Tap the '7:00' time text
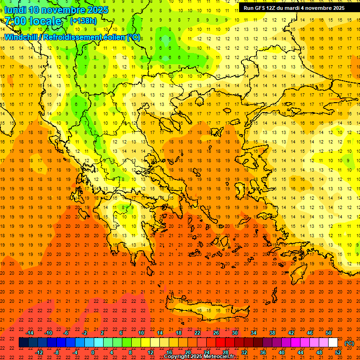point(16,21)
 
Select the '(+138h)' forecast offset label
point(83,21)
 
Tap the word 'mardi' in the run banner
point(302,8)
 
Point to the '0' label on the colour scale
point(93,352)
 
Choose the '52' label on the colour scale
point(338,352)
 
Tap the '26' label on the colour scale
point(216,333)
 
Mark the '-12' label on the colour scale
point(39,352)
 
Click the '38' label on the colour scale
point(272,333)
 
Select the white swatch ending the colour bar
point(333,343)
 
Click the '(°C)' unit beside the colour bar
point(349,343)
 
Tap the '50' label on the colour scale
point(329,333)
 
